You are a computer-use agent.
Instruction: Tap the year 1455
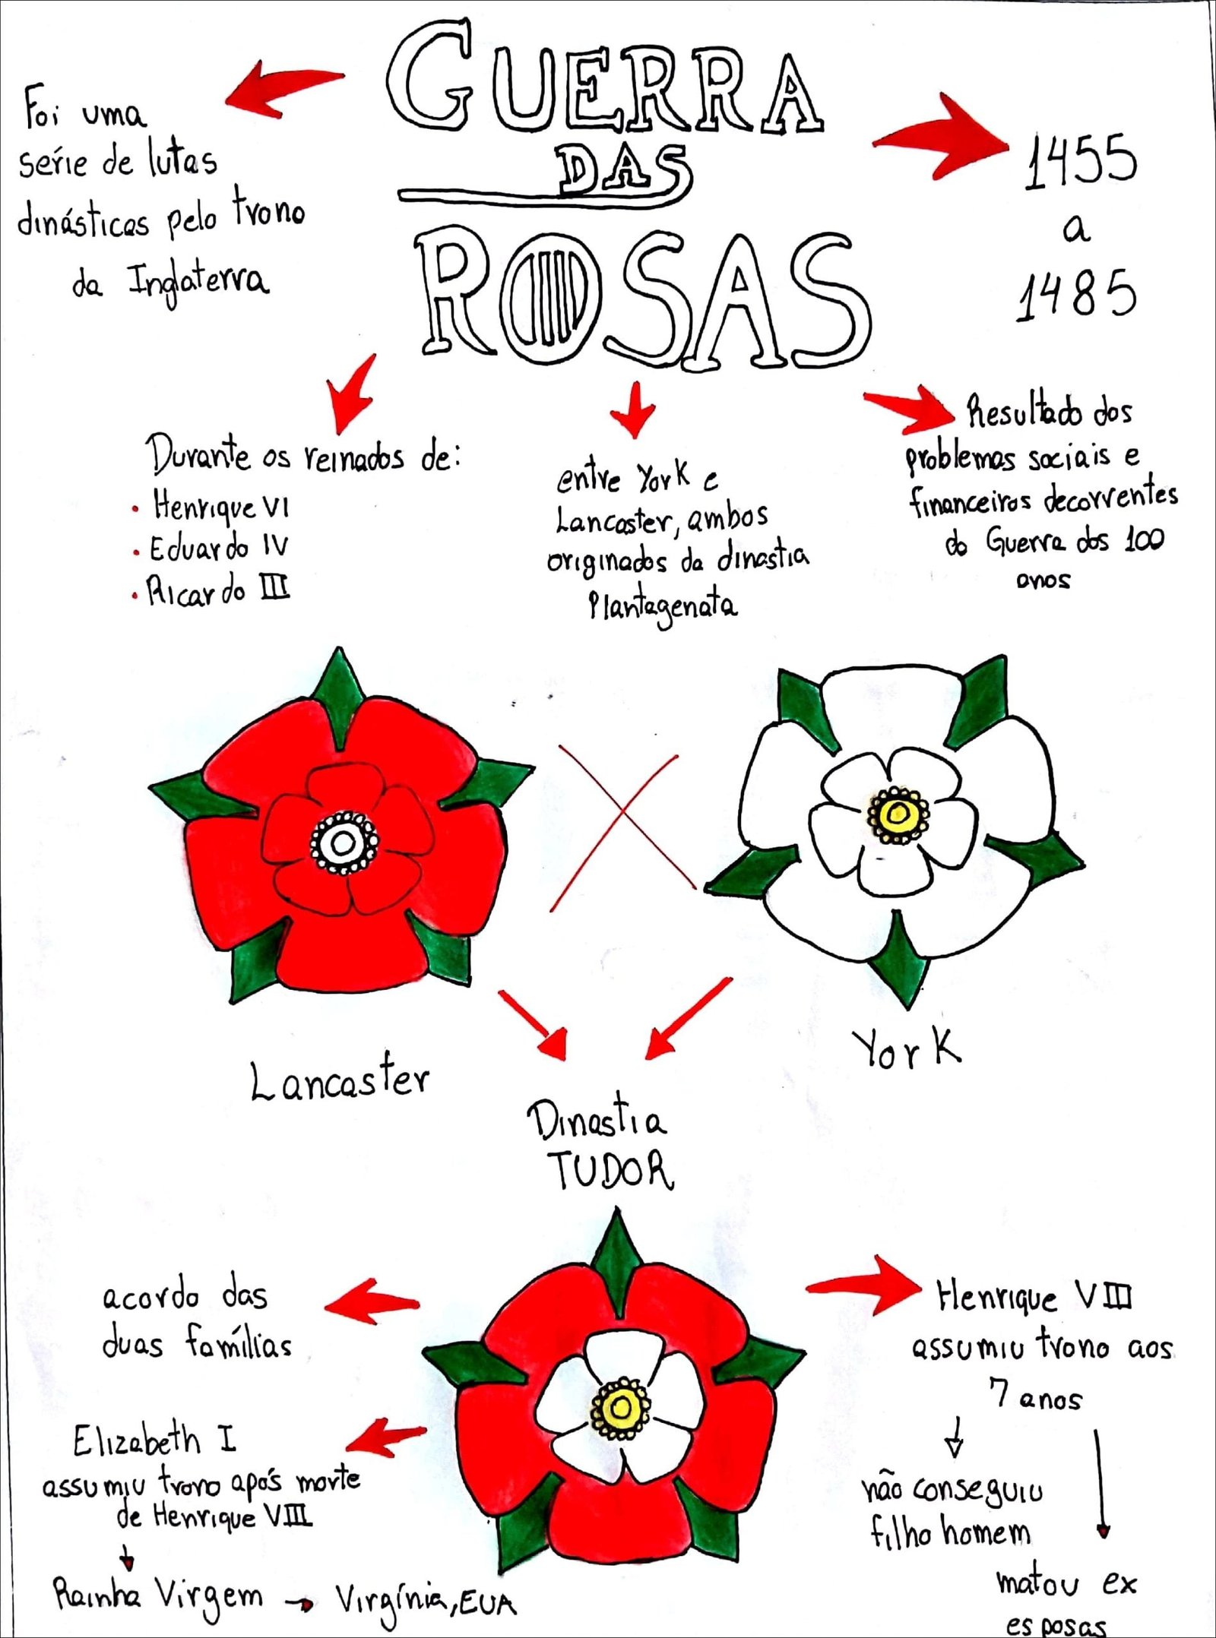(x=1080, y=161)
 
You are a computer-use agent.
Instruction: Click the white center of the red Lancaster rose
(x=343, y=842)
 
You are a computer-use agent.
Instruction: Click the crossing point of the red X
(x=622, y=811)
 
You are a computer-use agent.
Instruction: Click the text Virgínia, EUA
(x=426, y=1602)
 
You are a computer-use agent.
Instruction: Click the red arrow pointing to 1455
(x=942, y=137)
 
